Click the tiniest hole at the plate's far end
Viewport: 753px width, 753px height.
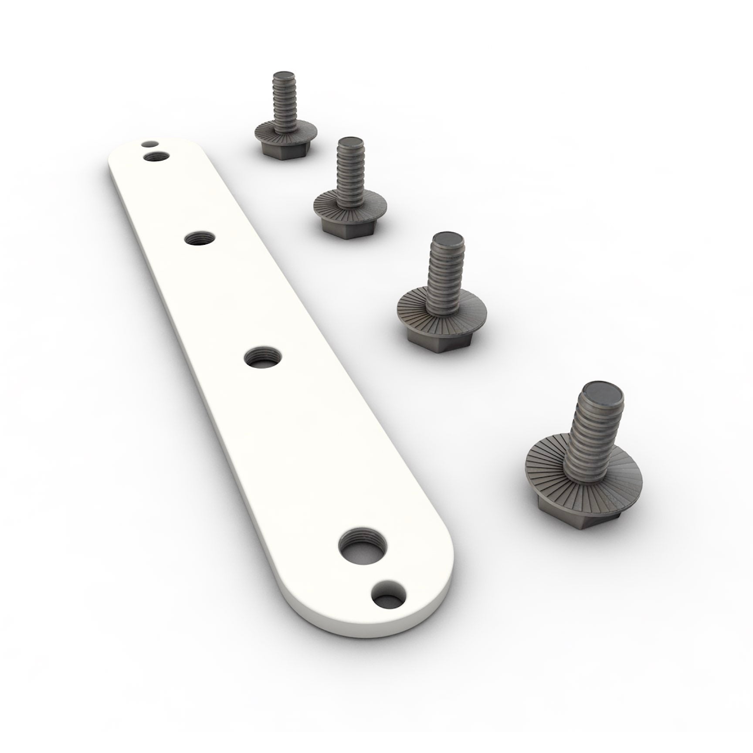(x=150, y=143)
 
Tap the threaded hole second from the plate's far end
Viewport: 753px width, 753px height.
(x=200, y=239)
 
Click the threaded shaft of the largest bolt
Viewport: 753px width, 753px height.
(x=593, y=431)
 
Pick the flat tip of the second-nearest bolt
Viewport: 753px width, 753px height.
(x=448, y=240)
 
